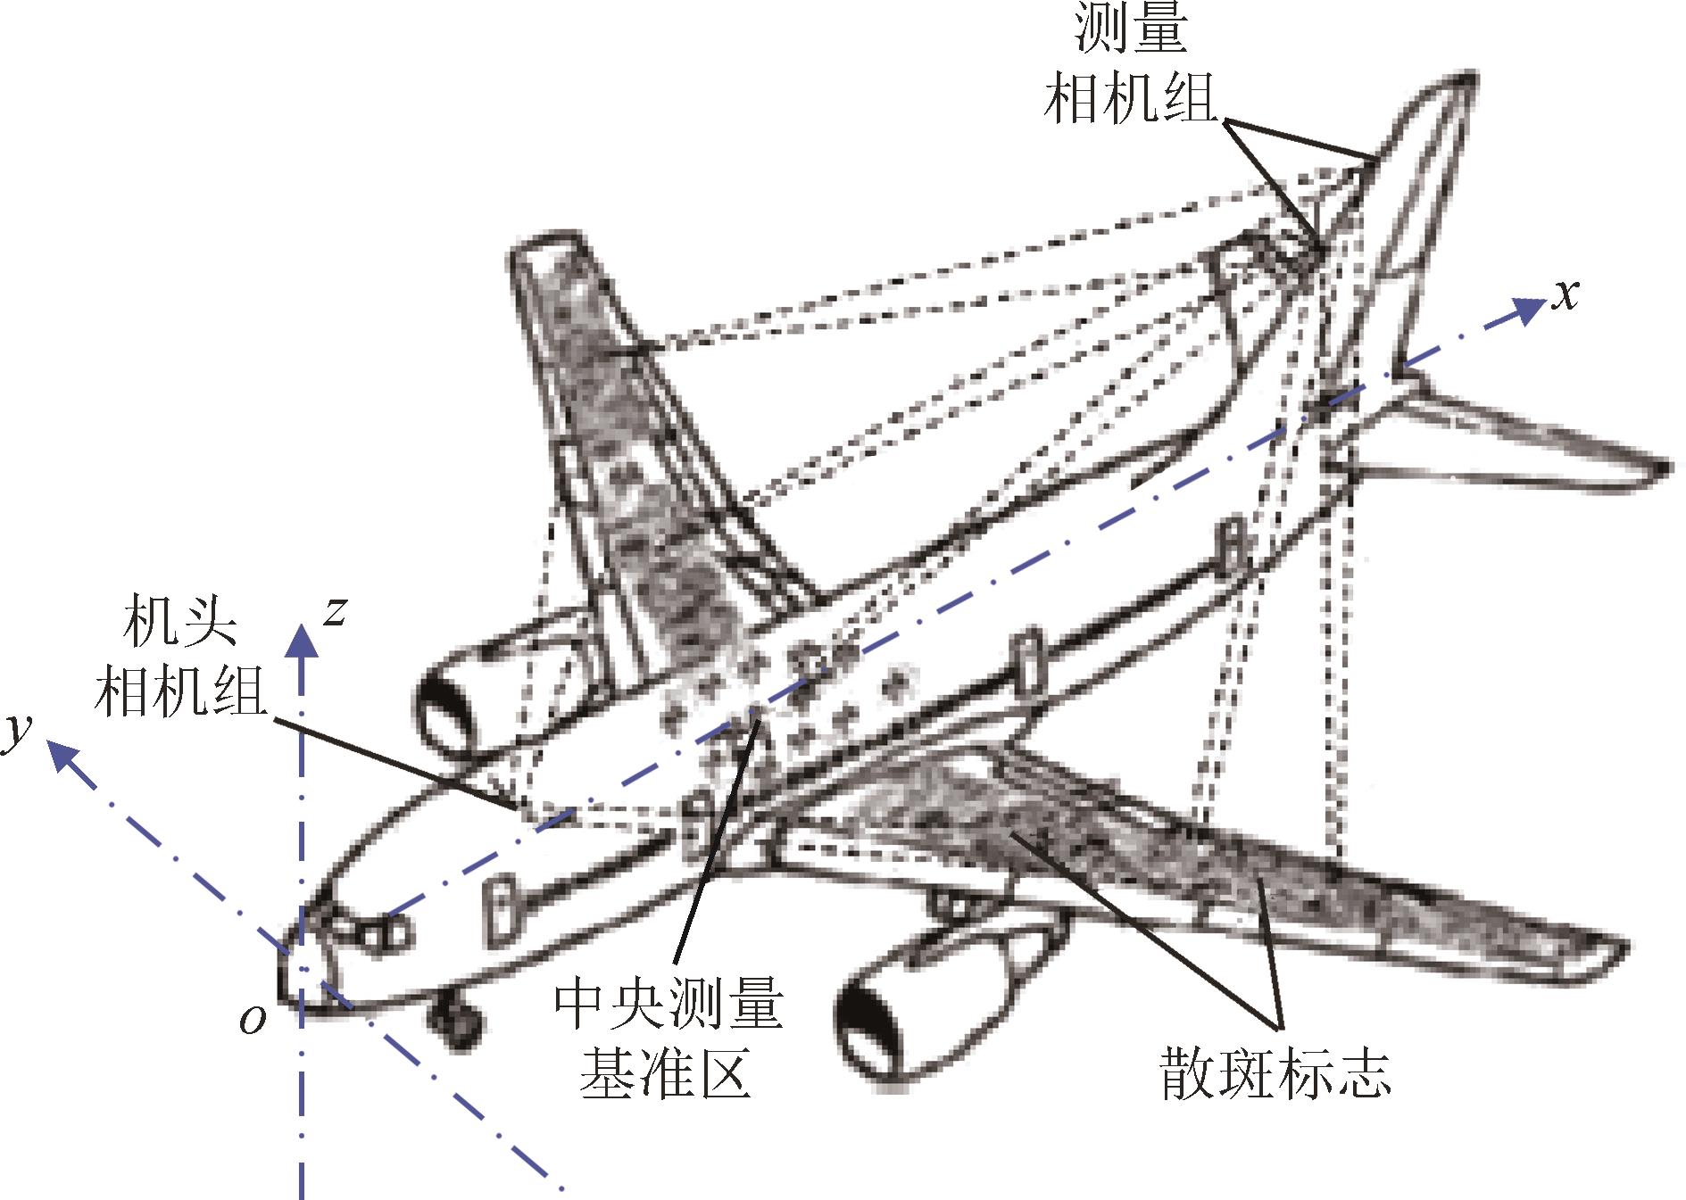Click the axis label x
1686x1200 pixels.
(x=1565, y=294)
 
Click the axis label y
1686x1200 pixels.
(x=18, y=733)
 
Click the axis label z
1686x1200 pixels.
(x=335, y=612)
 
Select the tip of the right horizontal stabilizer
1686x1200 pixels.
(x=1662, y=468)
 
